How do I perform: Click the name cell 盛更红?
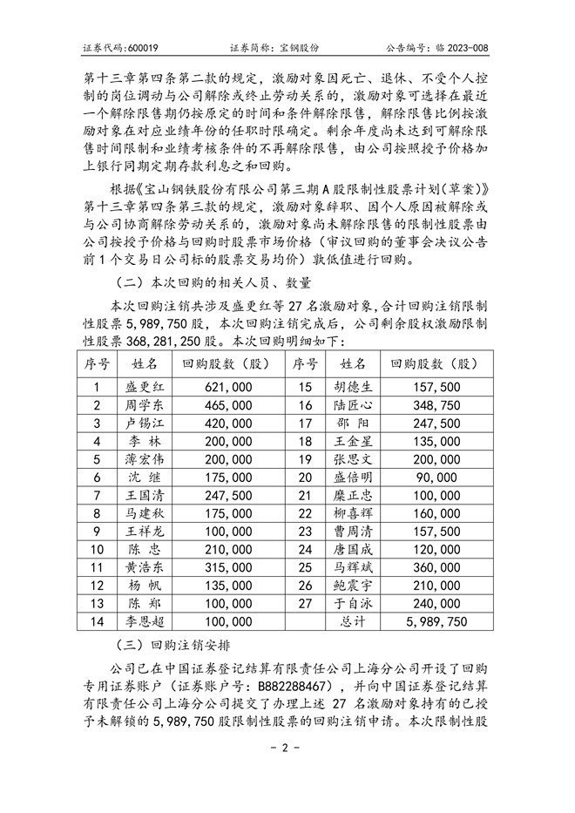pyautogui.click(x=145, y=386)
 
